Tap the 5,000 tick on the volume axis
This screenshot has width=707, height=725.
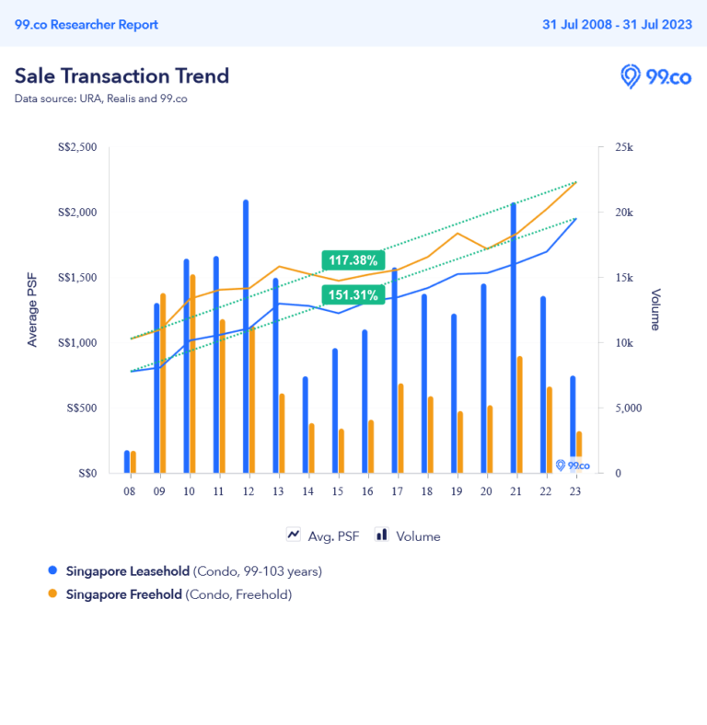pyautogui.click(x=631, y=408)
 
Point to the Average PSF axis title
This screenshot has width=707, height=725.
pyautogui.click(x=33, y=311)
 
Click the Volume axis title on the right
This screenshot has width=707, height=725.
pyautogui.click(x=655, y=310)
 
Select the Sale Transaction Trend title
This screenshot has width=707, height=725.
pyautogui.click(x=122, y=75)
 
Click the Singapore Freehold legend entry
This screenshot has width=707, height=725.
pyautogui.click(x=124, y=594)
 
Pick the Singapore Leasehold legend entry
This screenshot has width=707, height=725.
pyautogui.click(x=128, y=571)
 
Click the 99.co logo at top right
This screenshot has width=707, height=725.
pyautogui.click(x=655, y=76)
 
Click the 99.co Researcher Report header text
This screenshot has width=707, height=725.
pyautogui.click(x=87, y=25)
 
